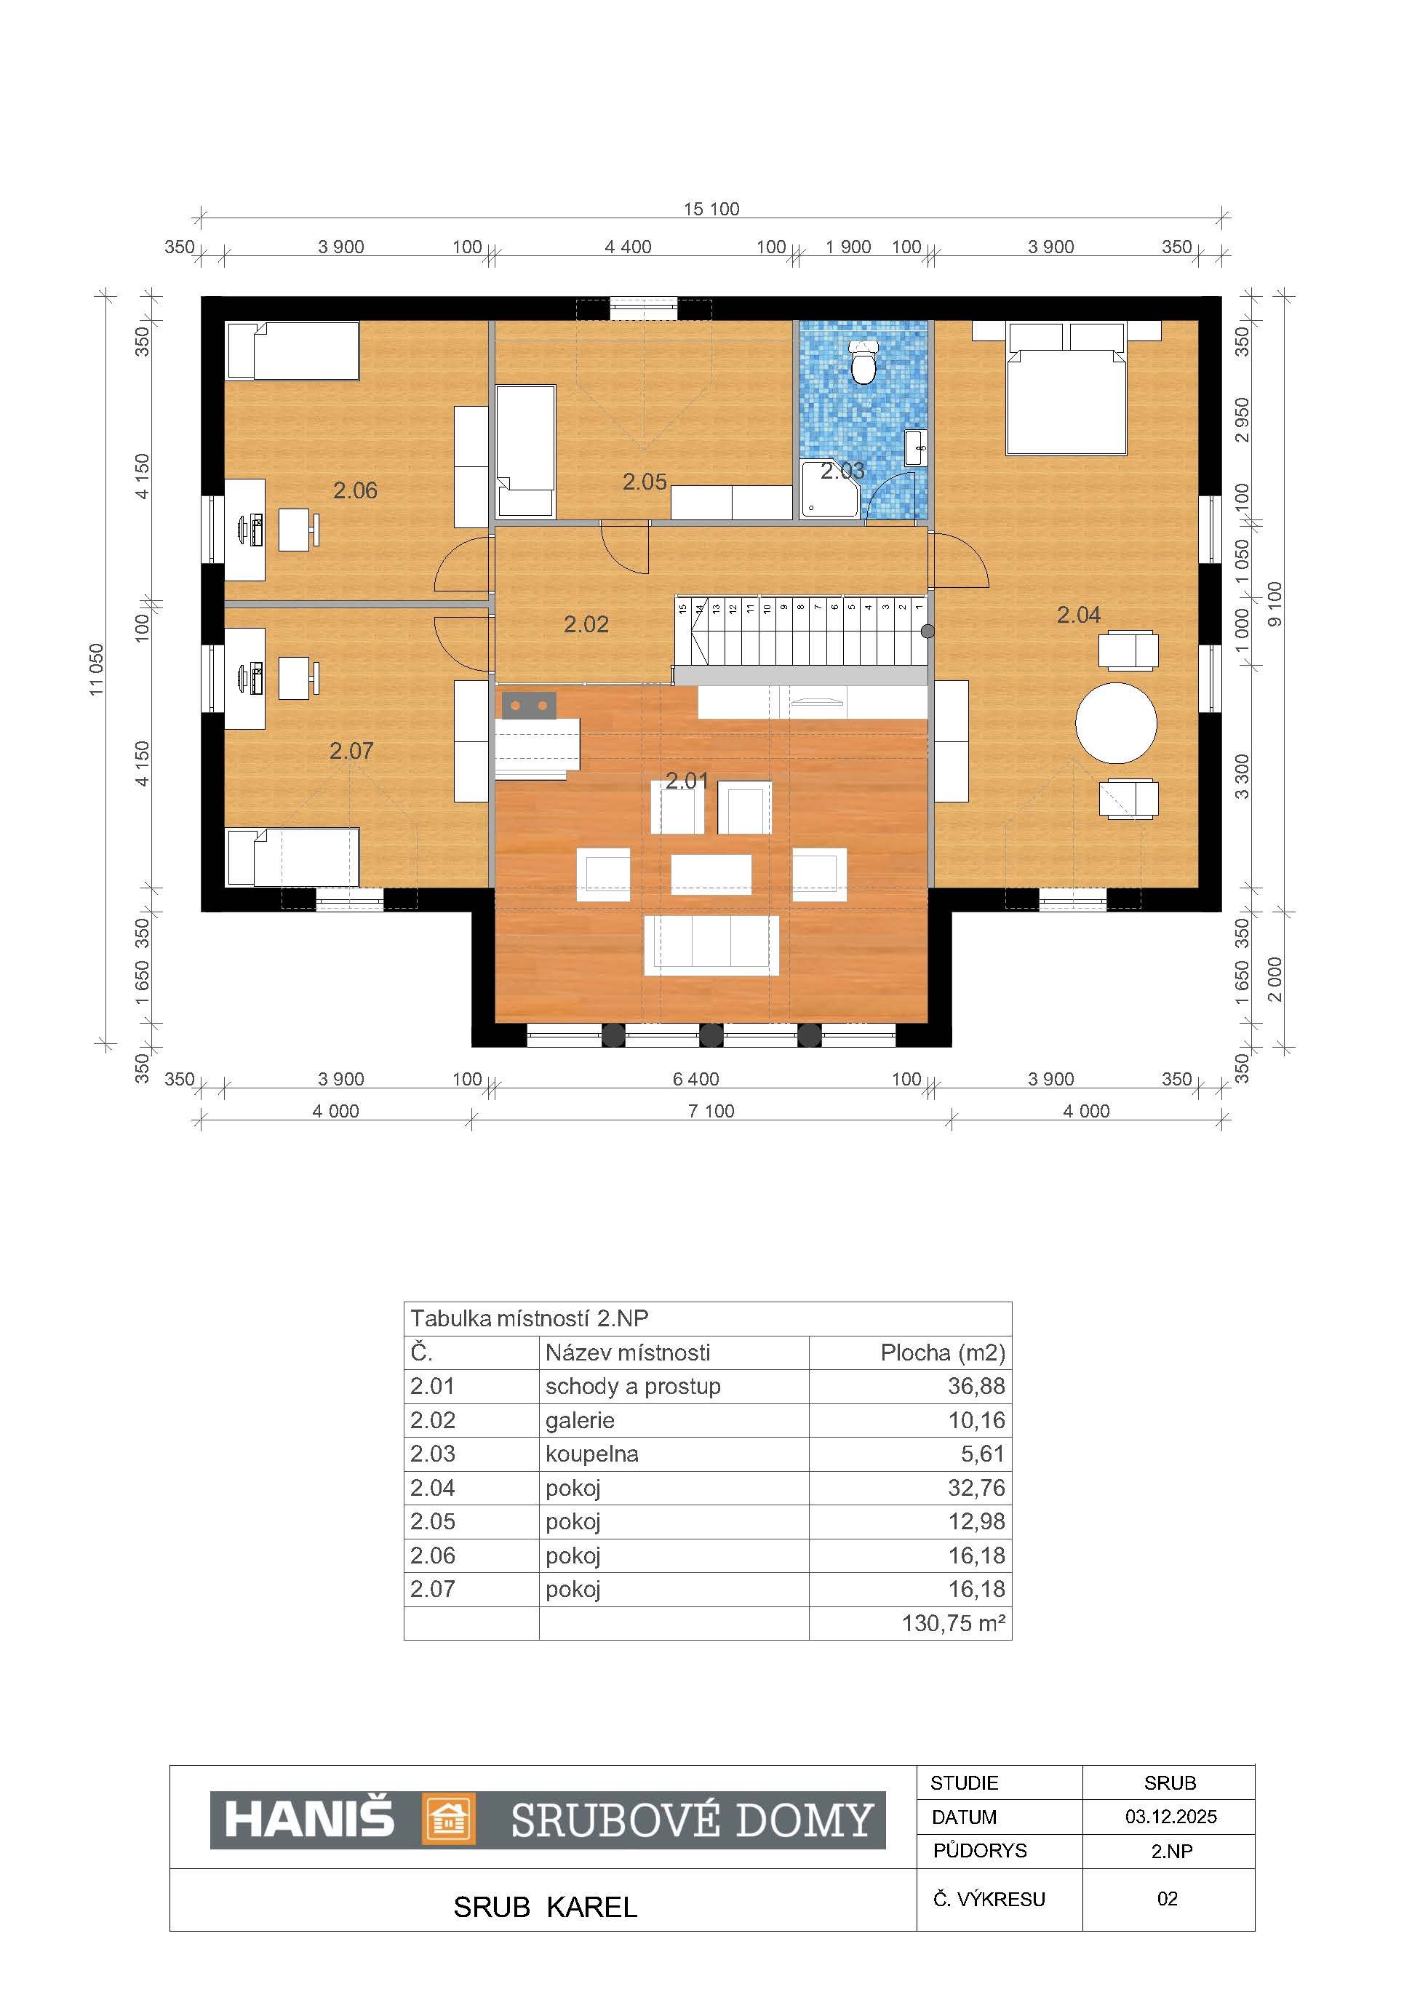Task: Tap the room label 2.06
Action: (x=355, y=490)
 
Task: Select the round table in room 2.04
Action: (x=1116, y=723)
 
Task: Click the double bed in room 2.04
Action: (x=1066, y=389)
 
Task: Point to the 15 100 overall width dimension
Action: (x=711, y=209)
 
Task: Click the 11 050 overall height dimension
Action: (x=96, y=670)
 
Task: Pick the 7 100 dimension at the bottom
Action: (x=711, y=1111)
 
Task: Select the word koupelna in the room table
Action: (x=592, y=1454)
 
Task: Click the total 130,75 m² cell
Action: (x=953, y=1623)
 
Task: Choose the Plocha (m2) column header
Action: (x=943, y=1353)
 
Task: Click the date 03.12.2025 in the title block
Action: (x=1170, y=1817)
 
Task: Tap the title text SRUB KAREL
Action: (x=545, y=1907)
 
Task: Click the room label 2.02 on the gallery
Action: (x=586, y=624)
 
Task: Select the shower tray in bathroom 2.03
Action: (x=831, y=490)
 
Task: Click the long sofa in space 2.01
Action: (x=711, y=944)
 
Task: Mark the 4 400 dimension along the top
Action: (x=628, y=247)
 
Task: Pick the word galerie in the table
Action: (x=580, y=1420)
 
